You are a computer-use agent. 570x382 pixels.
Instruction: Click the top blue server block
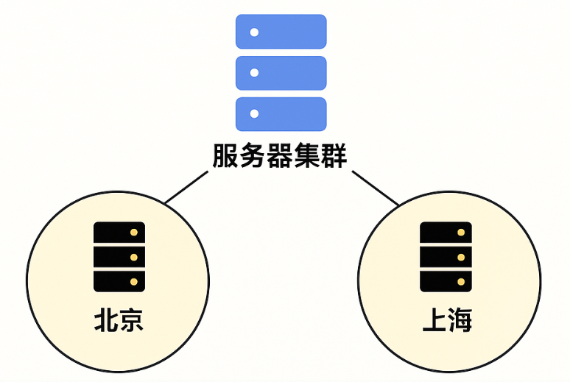point(281,32)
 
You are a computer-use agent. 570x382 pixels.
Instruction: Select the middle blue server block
point(281,73)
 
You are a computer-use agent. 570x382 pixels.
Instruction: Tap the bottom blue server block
point(281,114)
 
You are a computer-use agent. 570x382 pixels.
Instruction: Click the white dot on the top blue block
point(255,32)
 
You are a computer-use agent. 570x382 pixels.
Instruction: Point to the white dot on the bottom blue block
point(255,114)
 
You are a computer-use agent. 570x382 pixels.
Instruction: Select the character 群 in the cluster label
point(334,156)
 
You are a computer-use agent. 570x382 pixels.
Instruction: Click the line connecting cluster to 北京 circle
point(186,187)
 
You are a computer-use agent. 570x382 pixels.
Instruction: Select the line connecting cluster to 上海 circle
point(375,187)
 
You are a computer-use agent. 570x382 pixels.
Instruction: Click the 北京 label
point(119,321)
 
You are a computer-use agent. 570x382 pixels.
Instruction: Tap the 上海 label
point(446,321)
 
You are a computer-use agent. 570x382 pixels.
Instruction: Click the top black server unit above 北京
point(119,233)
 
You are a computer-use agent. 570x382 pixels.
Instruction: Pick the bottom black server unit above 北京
point(119,281)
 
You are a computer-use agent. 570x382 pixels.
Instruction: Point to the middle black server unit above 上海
point(446,257)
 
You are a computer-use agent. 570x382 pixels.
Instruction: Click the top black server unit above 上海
point(446,233)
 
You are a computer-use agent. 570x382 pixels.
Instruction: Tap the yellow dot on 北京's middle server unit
point(133,257)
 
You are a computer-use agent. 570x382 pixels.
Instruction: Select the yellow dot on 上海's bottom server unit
point(460,281)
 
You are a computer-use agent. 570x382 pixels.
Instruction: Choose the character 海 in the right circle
point(459,321)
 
